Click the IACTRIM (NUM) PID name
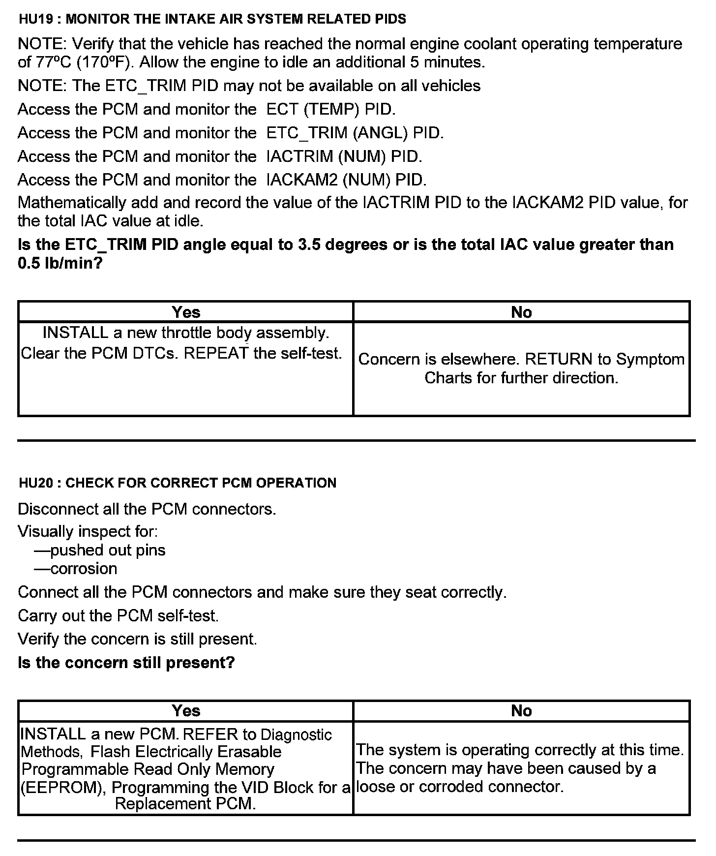click(x=344, y=156)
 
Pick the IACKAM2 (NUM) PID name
click(x=346, y=180)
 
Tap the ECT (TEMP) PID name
click(x=331, y=109)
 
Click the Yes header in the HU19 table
click(x=186, y=312)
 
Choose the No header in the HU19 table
click(x=521, y=312)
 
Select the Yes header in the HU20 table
click(x=186, y=710)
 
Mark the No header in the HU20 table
click(x=521, y=710)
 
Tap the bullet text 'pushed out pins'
click(x=108, y=550)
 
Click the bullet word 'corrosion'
click(x=84, y=569)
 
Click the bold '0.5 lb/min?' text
click(x=60, y=263)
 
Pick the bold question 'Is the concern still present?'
click(x=126, y=663)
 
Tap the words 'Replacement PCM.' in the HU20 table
click(x=185, y=804)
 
